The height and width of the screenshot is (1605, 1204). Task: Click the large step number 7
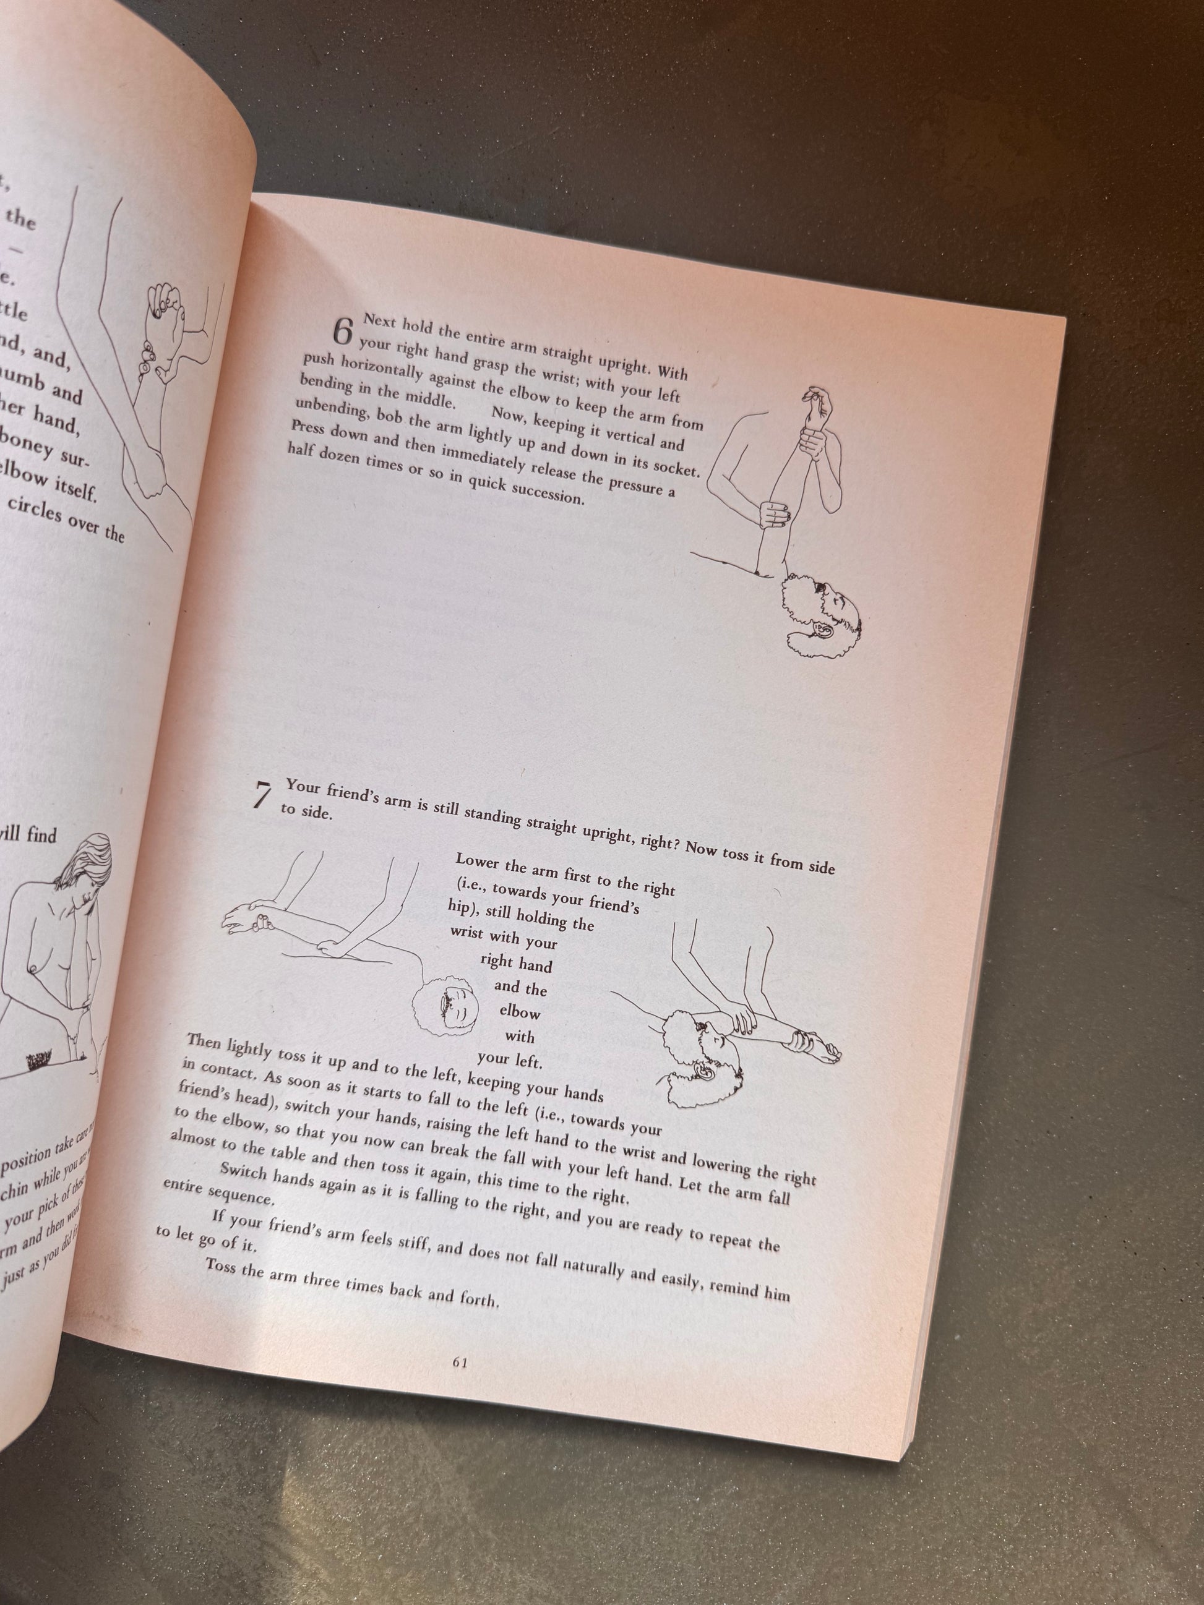[x=262, y=795]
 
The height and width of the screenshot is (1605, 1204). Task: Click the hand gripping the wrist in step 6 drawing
[x=814, y=440]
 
